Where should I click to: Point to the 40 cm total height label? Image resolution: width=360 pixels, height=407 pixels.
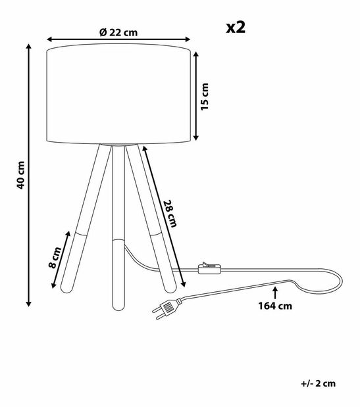(21, 175)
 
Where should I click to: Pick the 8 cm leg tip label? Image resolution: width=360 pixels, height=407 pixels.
(56, 256)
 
